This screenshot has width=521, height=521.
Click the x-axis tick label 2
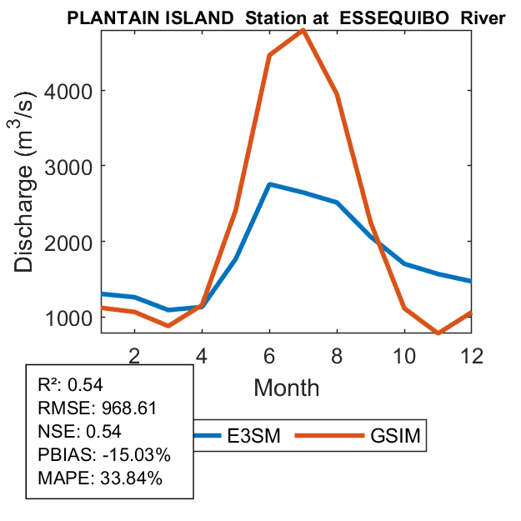click(x=134, y=354)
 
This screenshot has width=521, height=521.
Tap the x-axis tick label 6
click(x=269, y=354)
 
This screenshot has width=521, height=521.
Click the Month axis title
click(x=286, y=387)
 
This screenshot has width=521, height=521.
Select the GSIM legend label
click(x=393, y=435)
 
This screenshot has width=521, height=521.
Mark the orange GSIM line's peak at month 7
click(x=303, y=30)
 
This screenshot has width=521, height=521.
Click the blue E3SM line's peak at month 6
click(x=269, y=184)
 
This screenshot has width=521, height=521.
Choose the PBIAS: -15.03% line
click(x=104, y=455)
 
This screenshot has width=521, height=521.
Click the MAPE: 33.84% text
click(x=100, y=478)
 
